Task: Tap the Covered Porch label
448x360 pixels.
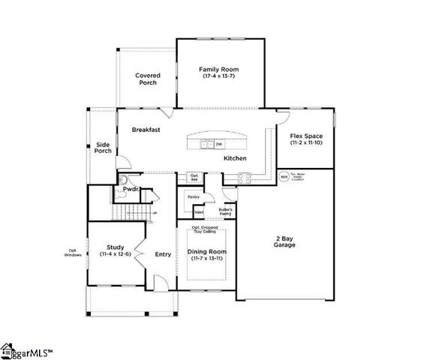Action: click(x=147, y=79)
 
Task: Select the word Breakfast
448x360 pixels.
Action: click(x=146, y=130)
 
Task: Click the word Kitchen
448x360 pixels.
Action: click(x=235, y=158)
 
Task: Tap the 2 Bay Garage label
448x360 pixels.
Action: click(x=284, y=241)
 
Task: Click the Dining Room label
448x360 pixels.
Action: click(x=206, y=252)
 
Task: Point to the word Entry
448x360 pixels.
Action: click(x=163, y=254)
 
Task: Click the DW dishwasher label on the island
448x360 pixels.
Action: click(x=229, y=144)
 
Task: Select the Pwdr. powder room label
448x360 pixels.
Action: click(x=122, y=190)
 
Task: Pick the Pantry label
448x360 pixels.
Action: click(x=193, y=196)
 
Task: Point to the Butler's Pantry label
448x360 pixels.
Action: click(x=226, y=212)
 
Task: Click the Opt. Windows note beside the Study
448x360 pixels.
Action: click(x=73, y=253)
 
